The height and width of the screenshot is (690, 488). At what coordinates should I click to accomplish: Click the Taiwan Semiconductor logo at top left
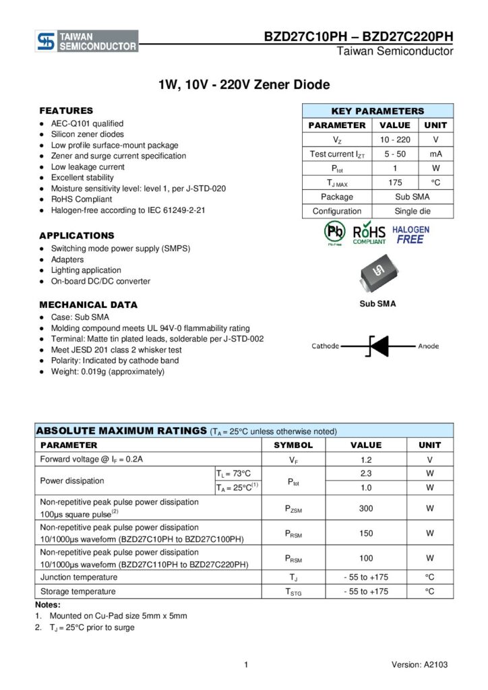pyautogui.click(x=87, y=41)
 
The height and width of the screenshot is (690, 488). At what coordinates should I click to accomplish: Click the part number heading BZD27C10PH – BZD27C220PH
pyautogui.click(x=359, y=37)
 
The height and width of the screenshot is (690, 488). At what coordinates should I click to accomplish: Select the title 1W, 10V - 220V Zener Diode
pyautogui.click(x=244, y=85)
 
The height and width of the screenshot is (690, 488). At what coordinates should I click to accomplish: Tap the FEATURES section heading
pyautogui.click(x=66, y=111)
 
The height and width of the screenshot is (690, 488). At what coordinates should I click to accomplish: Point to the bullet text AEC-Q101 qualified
pyautogui.click(x=87, y=124)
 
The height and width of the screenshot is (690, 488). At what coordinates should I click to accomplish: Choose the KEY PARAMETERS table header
pyautogui.click(x=377, y=111)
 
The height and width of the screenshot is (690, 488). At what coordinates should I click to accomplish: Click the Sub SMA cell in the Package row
pyautogui.click(x=412, y=197)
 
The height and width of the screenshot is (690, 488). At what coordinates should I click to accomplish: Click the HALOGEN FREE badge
pyautogui.click(x=410, y=234)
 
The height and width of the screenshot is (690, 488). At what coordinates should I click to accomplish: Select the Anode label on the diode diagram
pyautogui.click(x=428, y=346)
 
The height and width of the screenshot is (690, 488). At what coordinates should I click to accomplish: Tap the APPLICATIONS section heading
pyautogui.click(x=77, y=236)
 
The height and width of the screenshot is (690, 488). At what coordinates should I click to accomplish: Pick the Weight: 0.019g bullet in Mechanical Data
pyautogui.click(x=107, y=372)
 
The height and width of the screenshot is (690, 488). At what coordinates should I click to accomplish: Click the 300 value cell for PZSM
pyautogui.click(x=366, y=509)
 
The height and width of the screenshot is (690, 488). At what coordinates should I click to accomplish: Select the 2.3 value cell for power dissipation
pyautogui.click(x=366, y=474)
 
